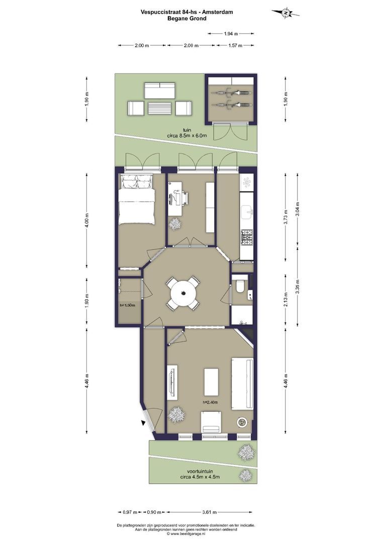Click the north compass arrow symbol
coord(285,13)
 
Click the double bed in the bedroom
coord(136,200)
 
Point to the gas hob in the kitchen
coord(247,237)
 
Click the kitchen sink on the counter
coord(247,212)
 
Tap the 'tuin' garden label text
coord(186,130)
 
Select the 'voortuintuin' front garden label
coord(200,472)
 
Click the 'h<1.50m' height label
coord(128,306)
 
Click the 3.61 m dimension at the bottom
coord(210,512)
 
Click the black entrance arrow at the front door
coord(143,423)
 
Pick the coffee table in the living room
coord(211,382)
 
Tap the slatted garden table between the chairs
coord(160,108)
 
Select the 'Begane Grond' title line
coord(187,19)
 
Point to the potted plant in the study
coord(175,224)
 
